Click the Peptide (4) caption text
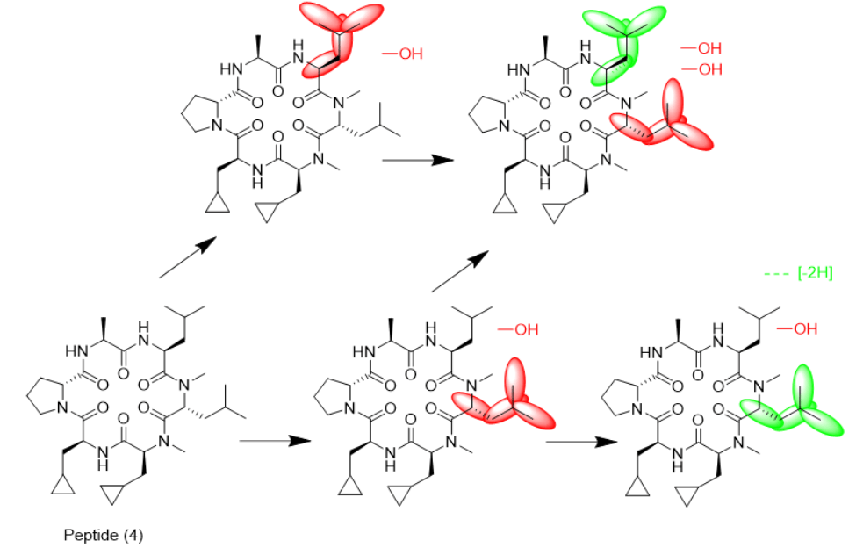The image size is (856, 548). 104,535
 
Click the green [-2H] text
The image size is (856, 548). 815,272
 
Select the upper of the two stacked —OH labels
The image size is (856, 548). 701,48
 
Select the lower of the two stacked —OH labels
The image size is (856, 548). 701,69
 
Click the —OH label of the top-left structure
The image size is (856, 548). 402,54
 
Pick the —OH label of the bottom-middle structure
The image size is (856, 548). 518,329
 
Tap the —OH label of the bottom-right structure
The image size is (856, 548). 797,329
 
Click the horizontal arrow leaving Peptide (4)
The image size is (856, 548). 275,441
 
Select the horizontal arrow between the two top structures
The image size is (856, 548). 418,160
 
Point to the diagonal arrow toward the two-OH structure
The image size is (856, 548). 460,271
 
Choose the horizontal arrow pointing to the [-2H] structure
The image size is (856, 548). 582,441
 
